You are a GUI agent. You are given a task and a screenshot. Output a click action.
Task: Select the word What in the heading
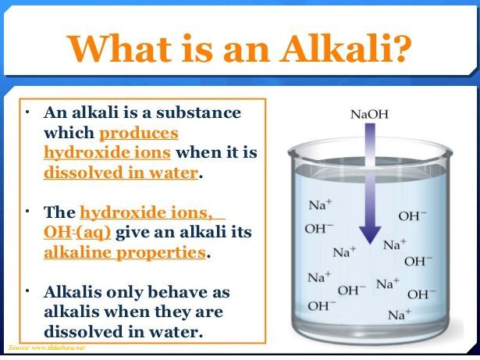(x=120, y=48)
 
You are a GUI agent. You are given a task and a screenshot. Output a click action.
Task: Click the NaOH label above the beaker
(x=369, y=115)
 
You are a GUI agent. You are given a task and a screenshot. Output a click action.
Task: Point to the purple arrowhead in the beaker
(x=370, y=234)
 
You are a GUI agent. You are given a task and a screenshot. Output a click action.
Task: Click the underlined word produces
(x=139, y=134)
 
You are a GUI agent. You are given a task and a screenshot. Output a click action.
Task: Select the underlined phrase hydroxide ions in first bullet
(x=107, y=152)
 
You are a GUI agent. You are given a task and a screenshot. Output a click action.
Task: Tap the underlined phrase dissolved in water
(x=121, y=173)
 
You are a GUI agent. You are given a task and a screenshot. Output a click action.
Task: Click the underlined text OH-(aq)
(x=77, y=232)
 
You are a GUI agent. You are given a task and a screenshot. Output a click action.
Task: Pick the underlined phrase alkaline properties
(x=125, y=253)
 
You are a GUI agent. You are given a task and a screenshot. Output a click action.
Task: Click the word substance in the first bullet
(x=199, y=112)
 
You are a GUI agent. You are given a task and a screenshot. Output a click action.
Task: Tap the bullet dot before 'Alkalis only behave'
(x=28, y=290)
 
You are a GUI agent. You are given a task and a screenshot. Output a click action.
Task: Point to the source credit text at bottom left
(x=47, y=348)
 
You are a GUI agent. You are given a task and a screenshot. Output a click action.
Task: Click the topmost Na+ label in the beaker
(x=320, y=205)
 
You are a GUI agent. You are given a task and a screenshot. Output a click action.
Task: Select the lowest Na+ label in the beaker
(x=400, y=315)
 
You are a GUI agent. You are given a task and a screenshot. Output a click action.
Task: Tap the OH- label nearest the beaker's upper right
(x=412, y=216)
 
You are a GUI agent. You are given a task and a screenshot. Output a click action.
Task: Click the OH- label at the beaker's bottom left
(x=322, y=305)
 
